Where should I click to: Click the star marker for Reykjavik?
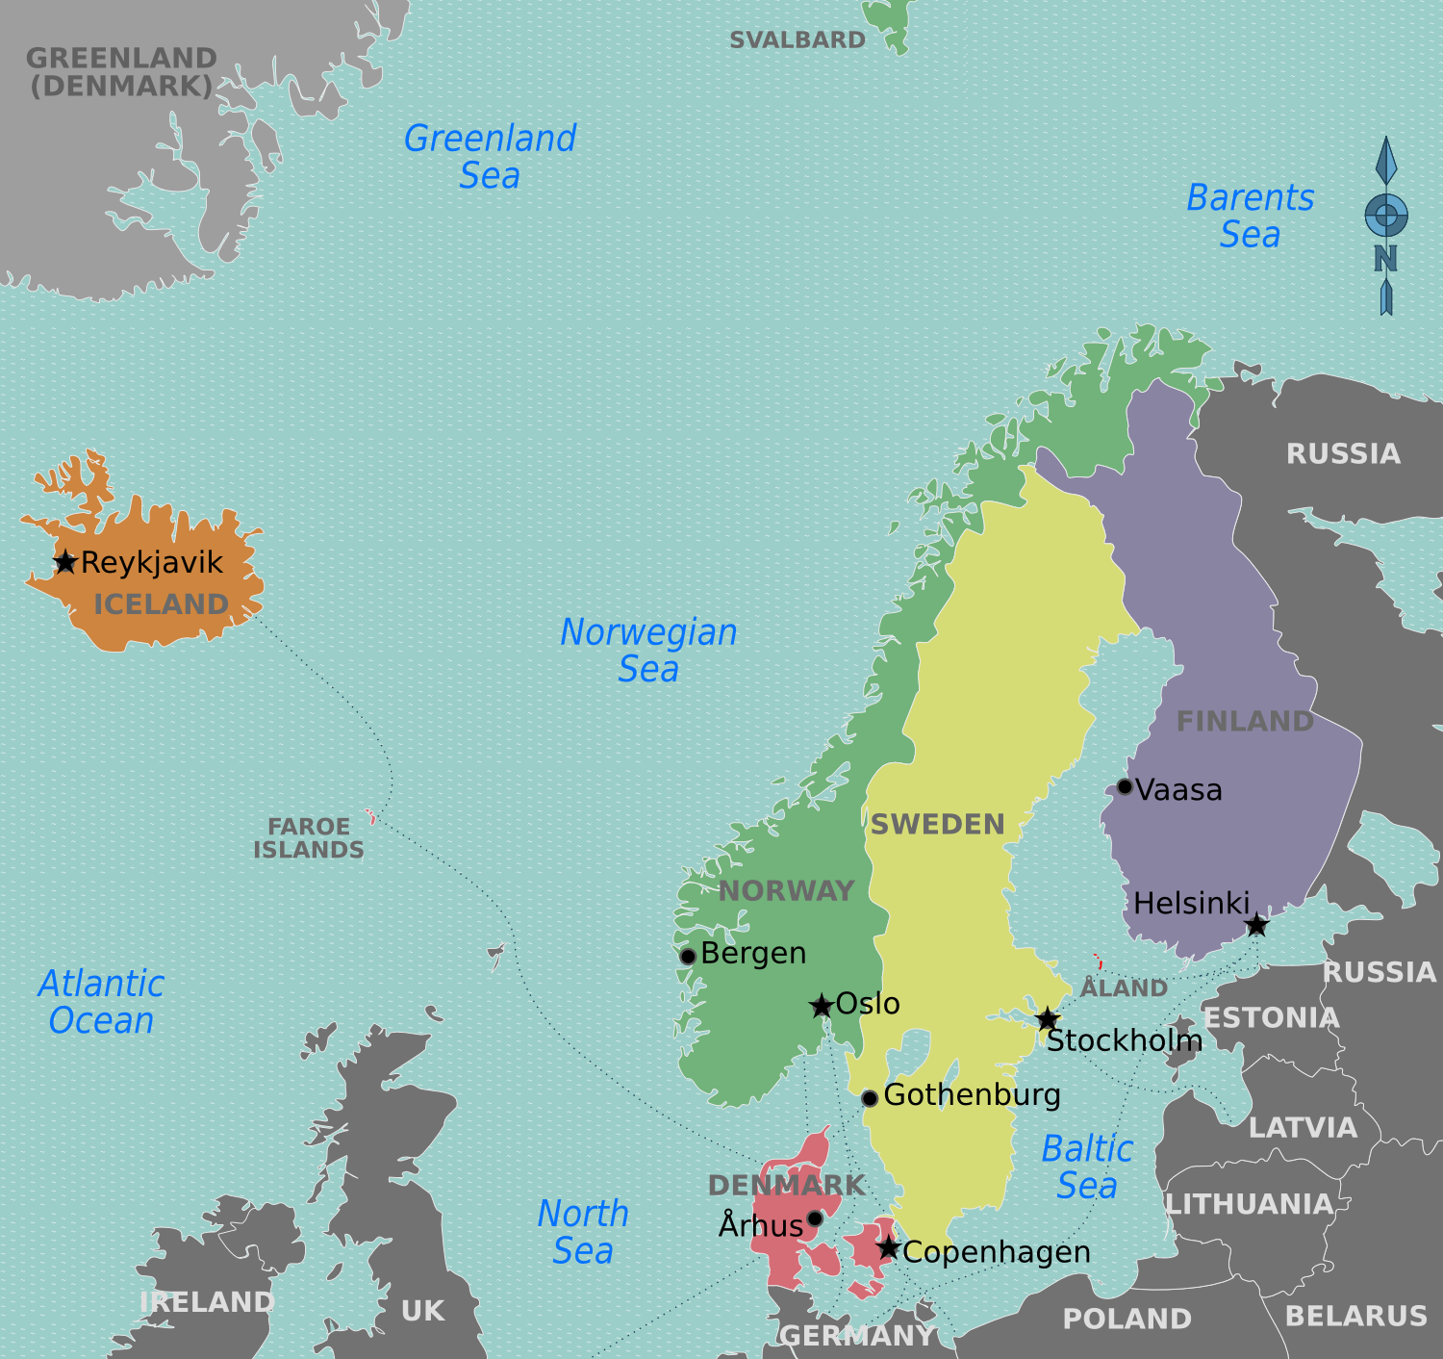pyautogui.click(x=65, y=562)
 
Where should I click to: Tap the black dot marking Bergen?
pyautogui.click(x=688, y=957)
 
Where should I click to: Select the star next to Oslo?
pyautogui.click(x=821, y=1007)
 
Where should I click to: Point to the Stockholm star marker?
pyautogui.click(x=1048, y=1019)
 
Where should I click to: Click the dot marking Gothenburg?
pyautogui.click(x=869, y=1098)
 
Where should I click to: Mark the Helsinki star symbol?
pyautogui.click(x=1256, y=926)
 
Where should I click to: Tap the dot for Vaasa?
pyautogui.click(x=1124, y=787)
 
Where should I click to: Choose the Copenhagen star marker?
pyautogui.click(x=888, y=1249)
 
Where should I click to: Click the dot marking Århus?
pyautogui.click(x=815, y=1218)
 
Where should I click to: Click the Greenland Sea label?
pyautogui.click(x=490, y=157)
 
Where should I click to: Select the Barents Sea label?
pyautogui.click(x=1250, y=216)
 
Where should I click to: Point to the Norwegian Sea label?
pyautogui.click(x=648, y=650)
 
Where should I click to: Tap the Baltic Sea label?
pyautogui.click(x=1087, y=1167)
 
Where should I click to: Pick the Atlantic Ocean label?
pyautogui.click(x=101, y=1002)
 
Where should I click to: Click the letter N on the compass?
pyautogui.click(x=1385, y=258)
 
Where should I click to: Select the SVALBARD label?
pyautogui.click(x=797, y=40)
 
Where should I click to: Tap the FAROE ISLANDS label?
pyautogui.click(x=309, y=838)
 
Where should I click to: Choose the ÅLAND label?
pyautogui.click(x=1124, y=988)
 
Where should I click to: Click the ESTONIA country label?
pyautogui.click(x=1271, y=1018)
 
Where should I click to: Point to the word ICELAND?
pyautogui.click(x=161, y=604)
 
